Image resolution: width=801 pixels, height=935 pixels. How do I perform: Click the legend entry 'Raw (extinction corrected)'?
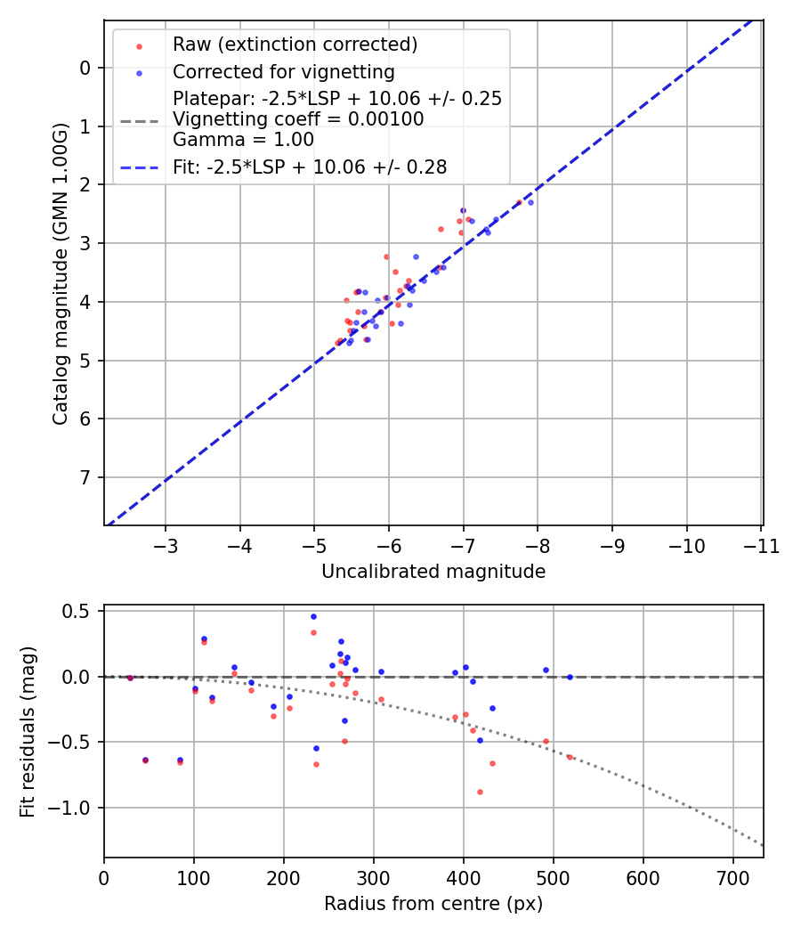click(295, 45)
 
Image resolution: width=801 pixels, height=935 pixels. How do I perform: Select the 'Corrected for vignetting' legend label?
click(284, 71)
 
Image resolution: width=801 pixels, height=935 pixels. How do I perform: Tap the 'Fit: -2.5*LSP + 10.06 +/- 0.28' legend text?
click(310, 166)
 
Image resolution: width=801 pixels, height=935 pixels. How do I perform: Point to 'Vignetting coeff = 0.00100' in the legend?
click(298, 119)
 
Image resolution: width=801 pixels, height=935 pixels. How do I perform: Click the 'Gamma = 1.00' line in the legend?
click(243, 139)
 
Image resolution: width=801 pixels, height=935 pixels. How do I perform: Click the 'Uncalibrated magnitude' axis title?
click(433, 572)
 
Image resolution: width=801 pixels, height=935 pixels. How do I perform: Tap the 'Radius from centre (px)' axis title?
click(433, 904)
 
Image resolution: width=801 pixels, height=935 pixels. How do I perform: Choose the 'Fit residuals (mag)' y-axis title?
click(28, 731)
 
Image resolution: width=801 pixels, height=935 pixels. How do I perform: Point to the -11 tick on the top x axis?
click(761, 545)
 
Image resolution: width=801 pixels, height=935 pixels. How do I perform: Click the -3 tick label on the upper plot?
click(166, 545)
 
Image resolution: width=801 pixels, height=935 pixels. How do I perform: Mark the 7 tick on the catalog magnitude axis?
click(85, 478)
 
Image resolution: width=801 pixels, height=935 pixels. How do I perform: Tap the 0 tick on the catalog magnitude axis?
click(85, 68)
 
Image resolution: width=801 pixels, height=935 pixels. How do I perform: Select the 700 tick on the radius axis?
click(732, 877)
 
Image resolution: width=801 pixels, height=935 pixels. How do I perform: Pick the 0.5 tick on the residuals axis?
click(79, 611)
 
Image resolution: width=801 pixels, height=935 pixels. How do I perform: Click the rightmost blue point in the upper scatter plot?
click(530, 202)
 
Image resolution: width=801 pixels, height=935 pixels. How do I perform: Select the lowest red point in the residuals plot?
click(480, 792)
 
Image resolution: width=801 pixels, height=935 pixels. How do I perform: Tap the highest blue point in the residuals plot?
click(313, 616)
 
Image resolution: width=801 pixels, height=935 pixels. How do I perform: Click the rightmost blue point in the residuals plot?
click(570, 677)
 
